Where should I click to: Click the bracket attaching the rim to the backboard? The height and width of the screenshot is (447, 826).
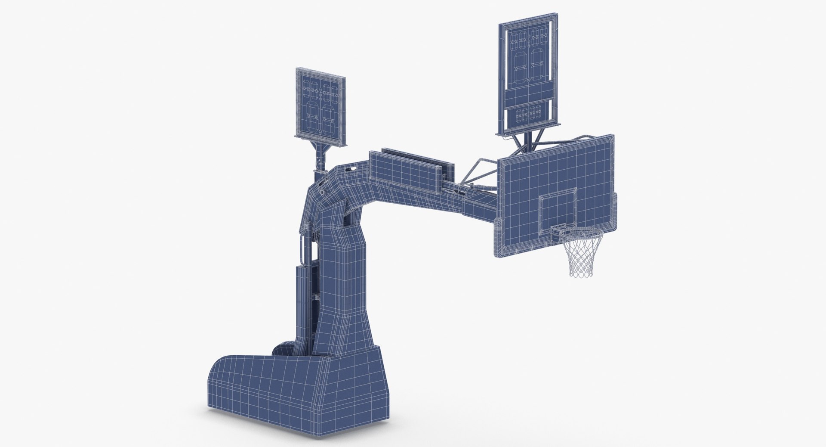coord(558,231)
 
